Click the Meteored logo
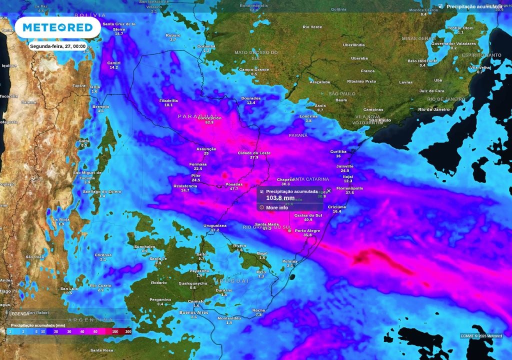pos(57,27)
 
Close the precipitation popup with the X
pos(329,190)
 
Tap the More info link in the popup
pos(276,207)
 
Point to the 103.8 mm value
pos(280,198)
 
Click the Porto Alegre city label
pos(307,230)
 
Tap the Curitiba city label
pos(338,151)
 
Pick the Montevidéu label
pos(229,318)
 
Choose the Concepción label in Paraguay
pos(209,118)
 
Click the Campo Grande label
pos(254,69)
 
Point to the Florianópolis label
pos(349,188)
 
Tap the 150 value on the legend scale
pos(115,331)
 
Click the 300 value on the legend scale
pos(128,331)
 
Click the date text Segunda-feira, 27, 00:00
pos(57,46)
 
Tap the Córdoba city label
pos(103,255)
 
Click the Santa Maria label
pos(267,224)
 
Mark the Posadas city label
pos(234,184)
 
